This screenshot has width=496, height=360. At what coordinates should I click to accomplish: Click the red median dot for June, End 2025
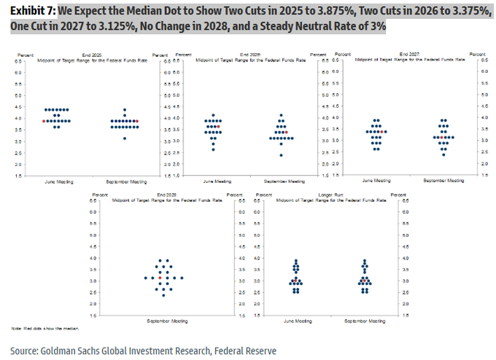click(44, 121)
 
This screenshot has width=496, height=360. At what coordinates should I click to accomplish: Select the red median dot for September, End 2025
click(137, 121)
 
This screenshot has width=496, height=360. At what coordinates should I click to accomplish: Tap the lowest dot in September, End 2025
click(125, 138)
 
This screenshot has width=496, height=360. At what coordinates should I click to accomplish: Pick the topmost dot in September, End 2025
click(125, 109)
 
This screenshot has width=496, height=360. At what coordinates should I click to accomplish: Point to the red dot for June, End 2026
click(218, 127)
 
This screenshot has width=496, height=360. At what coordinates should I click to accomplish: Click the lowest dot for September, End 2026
click(281, 155)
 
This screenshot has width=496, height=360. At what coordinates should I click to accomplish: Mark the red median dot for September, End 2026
click(287, 132)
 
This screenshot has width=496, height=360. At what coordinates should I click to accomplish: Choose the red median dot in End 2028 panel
click(160, 278)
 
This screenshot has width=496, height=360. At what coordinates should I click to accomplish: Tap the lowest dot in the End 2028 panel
click(163, 295)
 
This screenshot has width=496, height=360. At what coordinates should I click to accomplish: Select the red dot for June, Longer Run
click(295, 278)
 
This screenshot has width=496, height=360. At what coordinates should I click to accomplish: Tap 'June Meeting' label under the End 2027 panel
click(376, 180)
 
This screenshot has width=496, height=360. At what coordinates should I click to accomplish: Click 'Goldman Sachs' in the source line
click(72, 351)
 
